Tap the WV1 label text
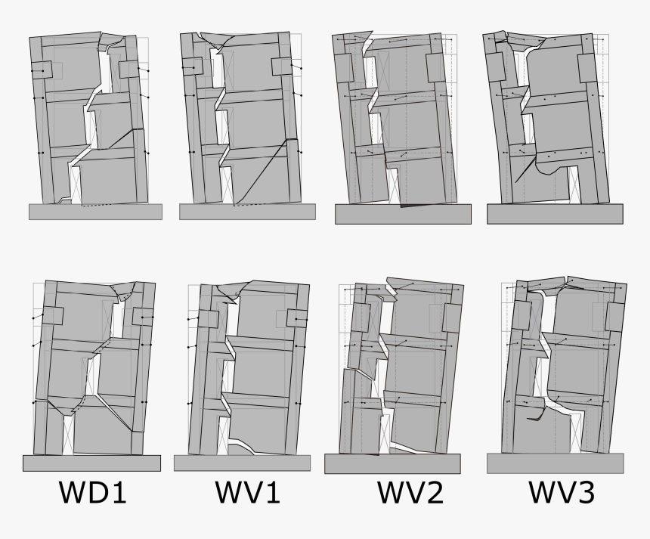coord(247,493)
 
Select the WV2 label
coord(410,493)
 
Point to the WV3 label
coord(562,493)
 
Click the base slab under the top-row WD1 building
coord(95,212)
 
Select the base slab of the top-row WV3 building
coord(556,214)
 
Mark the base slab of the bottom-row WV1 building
coord(241,463)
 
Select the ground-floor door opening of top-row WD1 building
coord(74,182)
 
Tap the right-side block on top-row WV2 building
coord(438,68)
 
